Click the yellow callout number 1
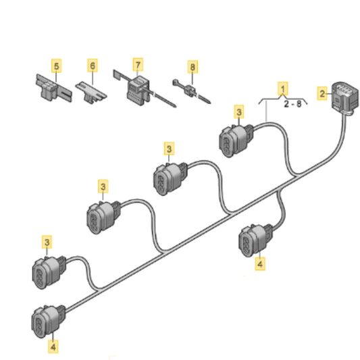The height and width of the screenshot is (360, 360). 283,88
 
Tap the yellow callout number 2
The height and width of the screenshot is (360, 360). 322,93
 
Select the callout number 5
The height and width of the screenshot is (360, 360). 57,66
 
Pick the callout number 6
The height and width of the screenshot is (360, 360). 93,66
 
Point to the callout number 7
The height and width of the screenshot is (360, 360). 138,65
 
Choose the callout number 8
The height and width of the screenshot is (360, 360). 192,67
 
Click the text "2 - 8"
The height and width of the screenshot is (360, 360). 292,104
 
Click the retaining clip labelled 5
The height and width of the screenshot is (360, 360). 53,88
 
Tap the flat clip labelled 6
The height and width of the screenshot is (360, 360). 91,93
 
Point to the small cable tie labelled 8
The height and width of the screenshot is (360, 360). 191,91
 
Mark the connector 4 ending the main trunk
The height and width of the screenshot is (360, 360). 48,322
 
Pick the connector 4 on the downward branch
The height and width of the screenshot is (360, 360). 255,240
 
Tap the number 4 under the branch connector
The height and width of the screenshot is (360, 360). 260,263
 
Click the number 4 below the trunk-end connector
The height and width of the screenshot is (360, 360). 53,346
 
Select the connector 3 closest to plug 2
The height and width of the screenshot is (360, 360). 236,140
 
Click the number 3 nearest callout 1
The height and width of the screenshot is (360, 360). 239,112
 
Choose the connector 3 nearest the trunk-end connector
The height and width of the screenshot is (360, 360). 49,272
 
